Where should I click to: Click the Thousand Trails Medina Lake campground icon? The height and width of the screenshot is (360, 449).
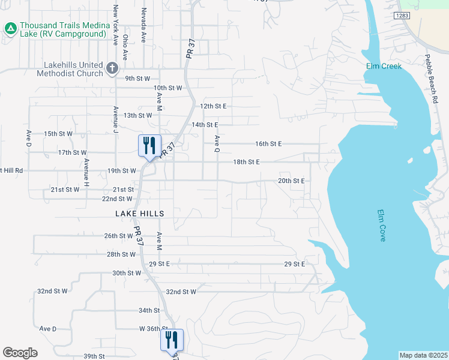(10, 28)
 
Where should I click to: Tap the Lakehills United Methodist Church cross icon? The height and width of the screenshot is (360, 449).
(111, 68)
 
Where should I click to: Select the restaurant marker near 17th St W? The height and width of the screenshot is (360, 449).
(149, 146)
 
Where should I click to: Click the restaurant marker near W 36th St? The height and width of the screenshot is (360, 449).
(172, 340)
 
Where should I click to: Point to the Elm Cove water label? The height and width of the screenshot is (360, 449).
(381, 226)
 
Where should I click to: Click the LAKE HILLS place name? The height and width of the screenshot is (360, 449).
(140, 214)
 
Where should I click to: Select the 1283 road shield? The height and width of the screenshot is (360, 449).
(402, 14)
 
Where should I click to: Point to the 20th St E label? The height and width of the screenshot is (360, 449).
(292, 181)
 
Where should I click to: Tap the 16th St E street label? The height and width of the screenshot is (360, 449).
(268, 144)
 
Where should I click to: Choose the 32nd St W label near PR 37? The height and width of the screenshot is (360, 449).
(181, 292)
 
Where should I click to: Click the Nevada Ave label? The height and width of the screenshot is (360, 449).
(143, 25)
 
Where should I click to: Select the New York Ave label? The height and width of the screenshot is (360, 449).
(115, 25)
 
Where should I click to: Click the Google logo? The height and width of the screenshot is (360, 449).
(20, 353)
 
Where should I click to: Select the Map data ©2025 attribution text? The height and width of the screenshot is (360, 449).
(423, 355)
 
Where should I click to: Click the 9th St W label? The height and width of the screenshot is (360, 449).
(137, 79)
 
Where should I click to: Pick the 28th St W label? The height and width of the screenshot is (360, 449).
(121, 254)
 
